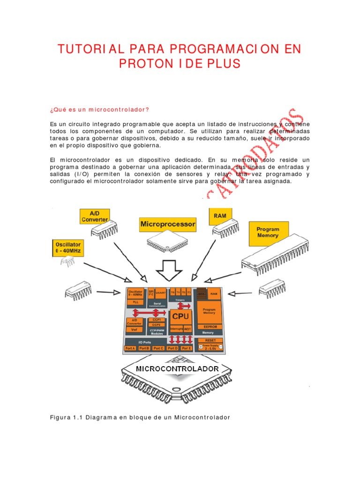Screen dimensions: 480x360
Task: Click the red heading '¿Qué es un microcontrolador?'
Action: point(99,110)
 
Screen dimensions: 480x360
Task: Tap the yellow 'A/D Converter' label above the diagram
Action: point(95,215)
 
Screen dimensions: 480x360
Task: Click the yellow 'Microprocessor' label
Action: point(168,225)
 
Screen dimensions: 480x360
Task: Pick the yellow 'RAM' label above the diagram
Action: point(220,216)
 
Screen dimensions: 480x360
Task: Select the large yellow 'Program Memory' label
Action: point(268,232)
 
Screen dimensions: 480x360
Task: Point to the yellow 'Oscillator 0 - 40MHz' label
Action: point(68,247)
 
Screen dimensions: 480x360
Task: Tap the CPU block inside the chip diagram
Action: point(180,316)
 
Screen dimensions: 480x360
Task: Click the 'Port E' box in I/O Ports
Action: point(187,348)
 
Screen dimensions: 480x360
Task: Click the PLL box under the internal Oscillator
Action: point(135,302)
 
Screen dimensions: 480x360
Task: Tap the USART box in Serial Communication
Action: point(160,292)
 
